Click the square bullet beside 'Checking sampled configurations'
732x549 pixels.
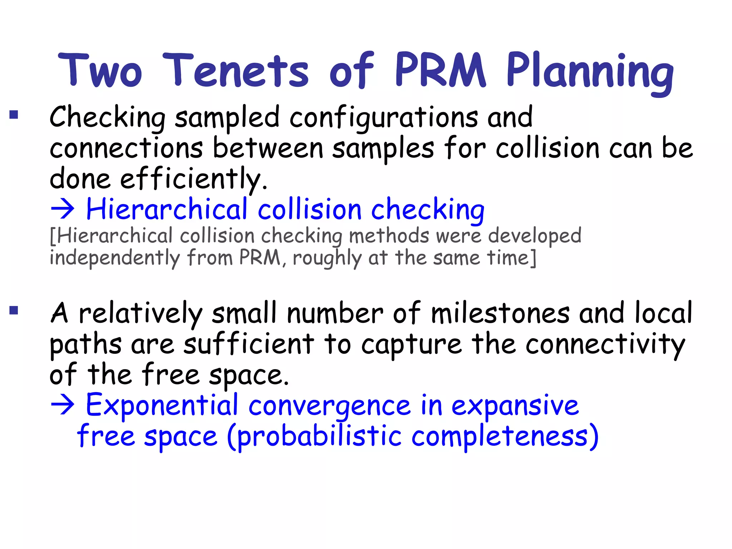[14, 114]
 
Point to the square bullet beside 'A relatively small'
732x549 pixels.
[14, 310]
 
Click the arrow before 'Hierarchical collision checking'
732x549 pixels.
[63, 209]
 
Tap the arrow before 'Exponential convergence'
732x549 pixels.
[63, 405]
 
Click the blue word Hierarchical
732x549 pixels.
[167, 209]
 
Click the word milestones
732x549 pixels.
[500, 313]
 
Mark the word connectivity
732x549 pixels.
[605, 345]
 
